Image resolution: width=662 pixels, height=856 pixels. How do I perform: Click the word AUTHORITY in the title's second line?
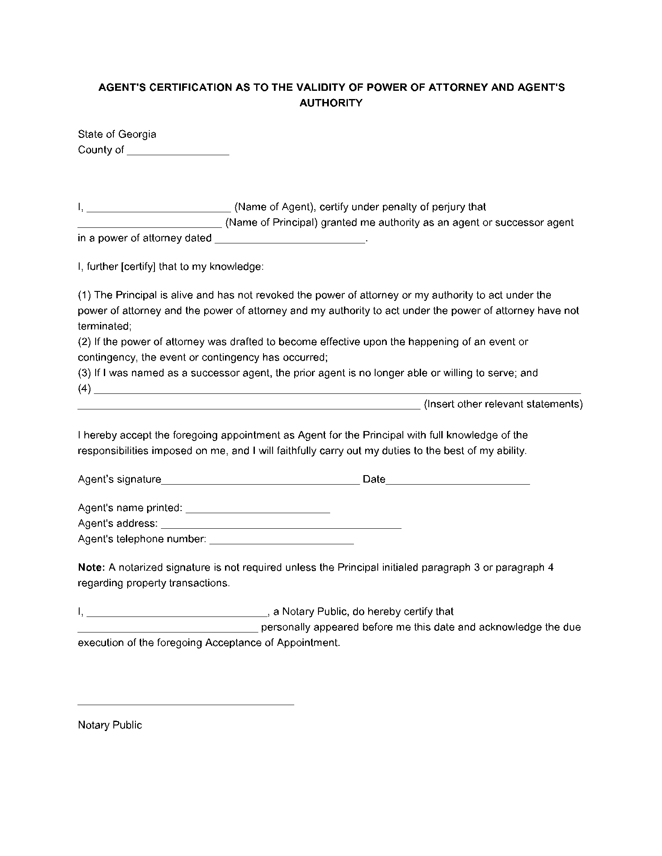tap(331, 103)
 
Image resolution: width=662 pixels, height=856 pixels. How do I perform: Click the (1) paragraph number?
tap(84, 295)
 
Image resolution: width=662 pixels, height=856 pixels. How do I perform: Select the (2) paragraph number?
tap(84, 342)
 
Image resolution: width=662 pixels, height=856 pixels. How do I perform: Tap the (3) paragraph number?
tap(84, 373)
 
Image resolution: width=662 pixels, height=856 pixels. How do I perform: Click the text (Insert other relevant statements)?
tap(503, 404)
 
